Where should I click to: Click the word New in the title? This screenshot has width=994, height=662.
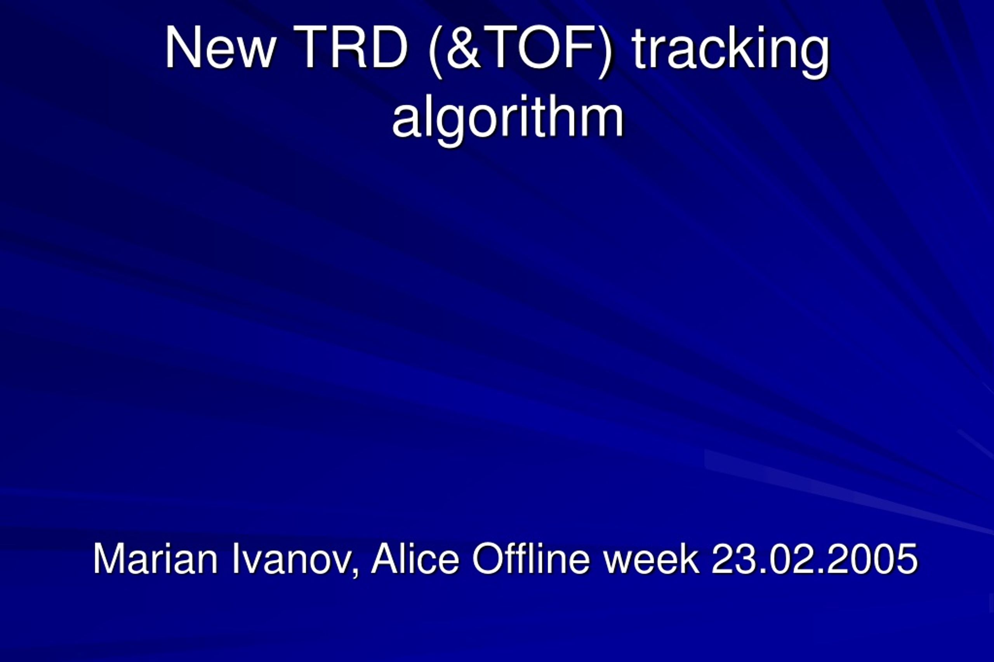pos(221,47)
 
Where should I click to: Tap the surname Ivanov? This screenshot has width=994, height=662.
pos(292,558)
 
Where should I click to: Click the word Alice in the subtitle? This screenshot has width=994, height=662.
pos(415,558)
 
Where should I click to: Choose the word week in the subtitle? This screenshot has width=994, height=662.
pos(651,558)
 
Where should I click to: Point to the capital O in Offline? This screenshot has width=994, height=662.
pos(488,558)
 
